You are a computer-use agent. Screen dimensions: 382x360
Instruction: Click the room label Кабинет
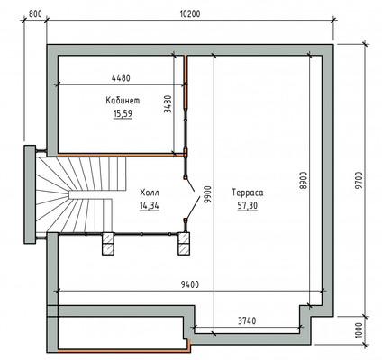123,100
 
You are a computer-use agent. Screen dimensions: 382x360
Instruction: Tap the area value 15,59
123,113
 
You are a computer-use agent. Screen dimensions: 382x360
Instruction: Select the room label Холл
150,193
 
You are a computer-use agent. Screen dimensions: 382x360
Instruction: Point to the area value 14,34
150,206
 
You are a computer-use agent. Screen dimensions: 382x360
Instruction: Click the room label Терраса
248,193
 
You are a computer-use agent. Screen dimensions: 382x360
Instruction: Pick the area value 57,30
248,206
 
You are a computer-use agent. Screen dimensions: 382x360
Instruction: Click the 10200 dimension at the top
190,13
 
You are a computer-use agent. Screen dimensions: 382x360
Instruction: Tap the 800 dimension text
35,14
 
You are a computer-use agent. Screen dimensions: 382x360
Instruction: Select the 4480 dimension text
121,78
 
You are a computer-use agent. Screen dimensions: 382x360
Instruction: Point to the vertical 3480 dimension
168,104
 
